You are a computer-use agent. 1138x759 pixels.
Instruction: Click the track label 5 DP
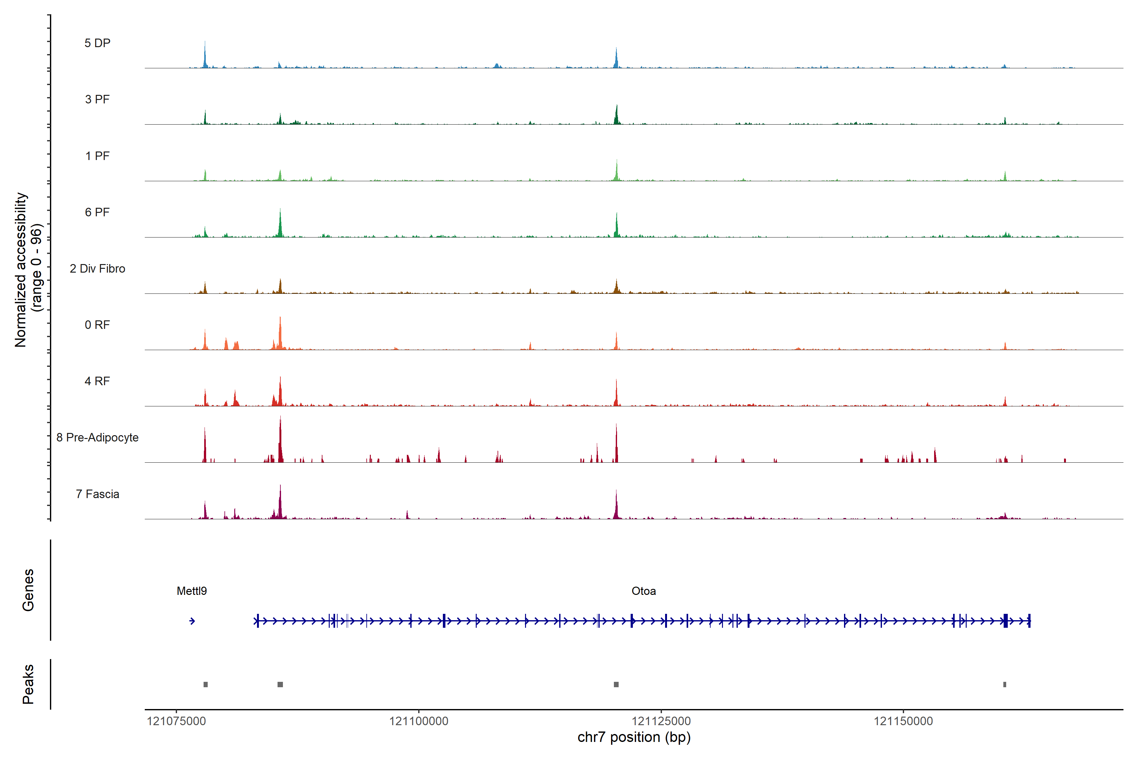point(97,43)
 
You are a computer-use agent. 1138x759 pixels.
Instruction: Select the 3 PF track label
point(97,99)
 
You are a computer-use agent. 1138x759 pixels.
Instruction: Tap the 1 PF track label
point(97,156)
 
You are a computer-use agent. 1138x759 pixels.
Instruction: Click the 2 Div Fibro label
point(97,268)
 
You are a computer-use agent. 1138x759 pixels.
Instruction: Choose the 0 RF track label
point(97,325)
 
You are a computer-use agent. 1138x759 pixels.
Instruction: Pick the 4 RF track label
point(97,381)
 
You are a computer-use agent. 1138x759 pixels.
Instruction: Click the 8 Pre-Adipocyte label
point(97,438)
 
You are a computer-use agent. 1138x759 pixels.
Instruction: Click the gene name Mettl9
point(192,591)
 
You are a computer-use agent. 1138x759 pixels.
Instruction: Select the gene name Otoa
point(644,591)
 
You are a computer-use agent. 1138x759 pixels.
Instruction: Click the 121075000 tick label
point(176,721)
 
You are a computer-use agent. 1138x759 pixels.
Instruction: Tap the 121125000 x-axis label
point(661,721)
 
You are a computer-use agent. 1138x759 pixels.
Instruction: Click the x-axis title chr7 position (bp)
point(634,737)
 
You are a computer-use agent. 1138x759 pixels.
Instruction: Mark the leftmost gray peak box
point(206,684)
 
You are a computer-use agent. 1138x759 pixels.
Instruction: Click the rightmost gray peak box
point(1005,684)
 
